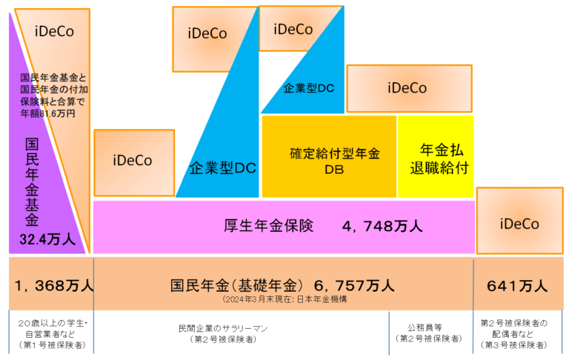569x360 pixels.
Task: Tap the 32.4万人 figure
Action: pos(47,239)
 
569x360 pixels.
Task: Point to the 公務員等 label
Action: pos(426,327)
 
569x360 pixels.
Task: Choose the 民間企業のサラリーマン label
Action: pos(222,327)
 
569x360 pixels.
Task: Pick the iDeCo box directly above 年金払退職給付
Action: pos(407,88)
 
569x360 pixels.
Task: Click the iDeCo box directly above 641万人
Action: pos(519,223)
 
